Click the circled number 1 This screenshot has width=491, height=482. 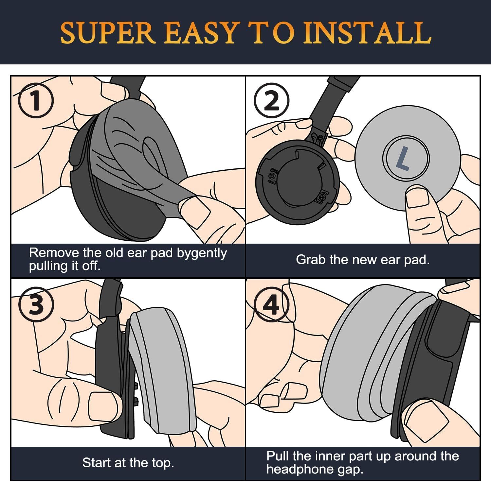pyautogui.click(x=35, y=100)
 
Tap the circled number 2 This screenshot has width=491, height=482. pyautogui.click(x=271, y=100)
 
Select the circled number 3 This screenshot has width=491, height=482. pyautogui.click(x=36, y=304)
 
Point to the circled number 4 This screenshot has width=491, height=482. pyautogui.click(x=271, y=304)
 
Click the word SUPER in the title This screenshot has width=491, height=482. pyautogui.click(x=108, y=33)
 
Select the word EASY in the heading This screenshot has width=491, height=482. pyautogui.click(x=200, y=33)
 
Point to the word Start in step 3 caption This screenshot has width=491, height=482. pyautogui.click(x=96, y=463)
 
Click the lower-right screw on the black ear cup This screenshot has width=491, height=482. pyautogui.click(x=322, y=197)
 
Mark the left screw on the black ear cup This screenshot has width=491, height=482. pyautogui.click(x=271, y=176)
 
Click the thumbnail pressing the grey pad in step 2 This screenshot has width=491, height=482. pyautogui.click(x=417, y=197)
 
